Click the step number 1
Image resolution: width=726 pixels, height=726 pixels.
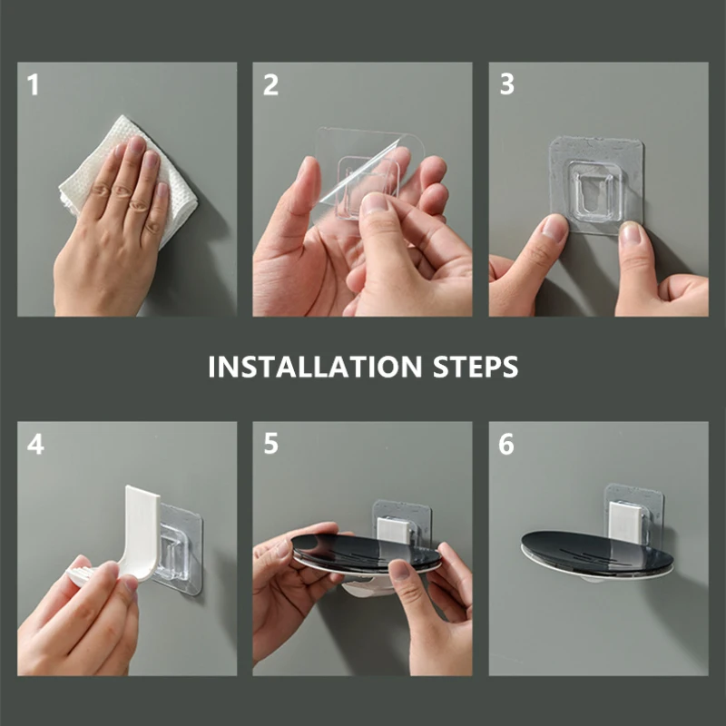pyautogui.click(x=34, y=86)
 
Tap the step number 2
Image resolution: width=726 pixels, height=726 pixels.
pyautogui.click(x=270, y=86)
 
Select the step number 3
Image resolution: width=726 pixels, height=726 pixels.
pyautogui.click(x=506, y=86)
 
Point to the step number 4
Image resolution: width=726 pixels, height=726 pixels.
pyautogui.click(x=34, y=446)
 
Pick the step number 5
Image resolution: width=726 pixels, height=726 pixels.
pyautogui.click(x=270, y=446)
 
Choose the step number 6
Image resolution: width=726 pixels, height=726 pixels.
pyautogui.click(x=506, y=446)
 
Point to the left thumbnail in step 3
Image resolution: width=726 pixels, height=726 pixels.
pyautogui.click(x=554, y=227)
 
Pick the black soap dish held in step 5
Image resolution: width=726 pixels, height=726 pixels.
pyautogui.click(x=363, y=554)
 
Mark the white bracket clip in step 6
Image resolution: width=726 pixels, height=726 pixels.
pyautogui.click(x=627, y=522)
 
